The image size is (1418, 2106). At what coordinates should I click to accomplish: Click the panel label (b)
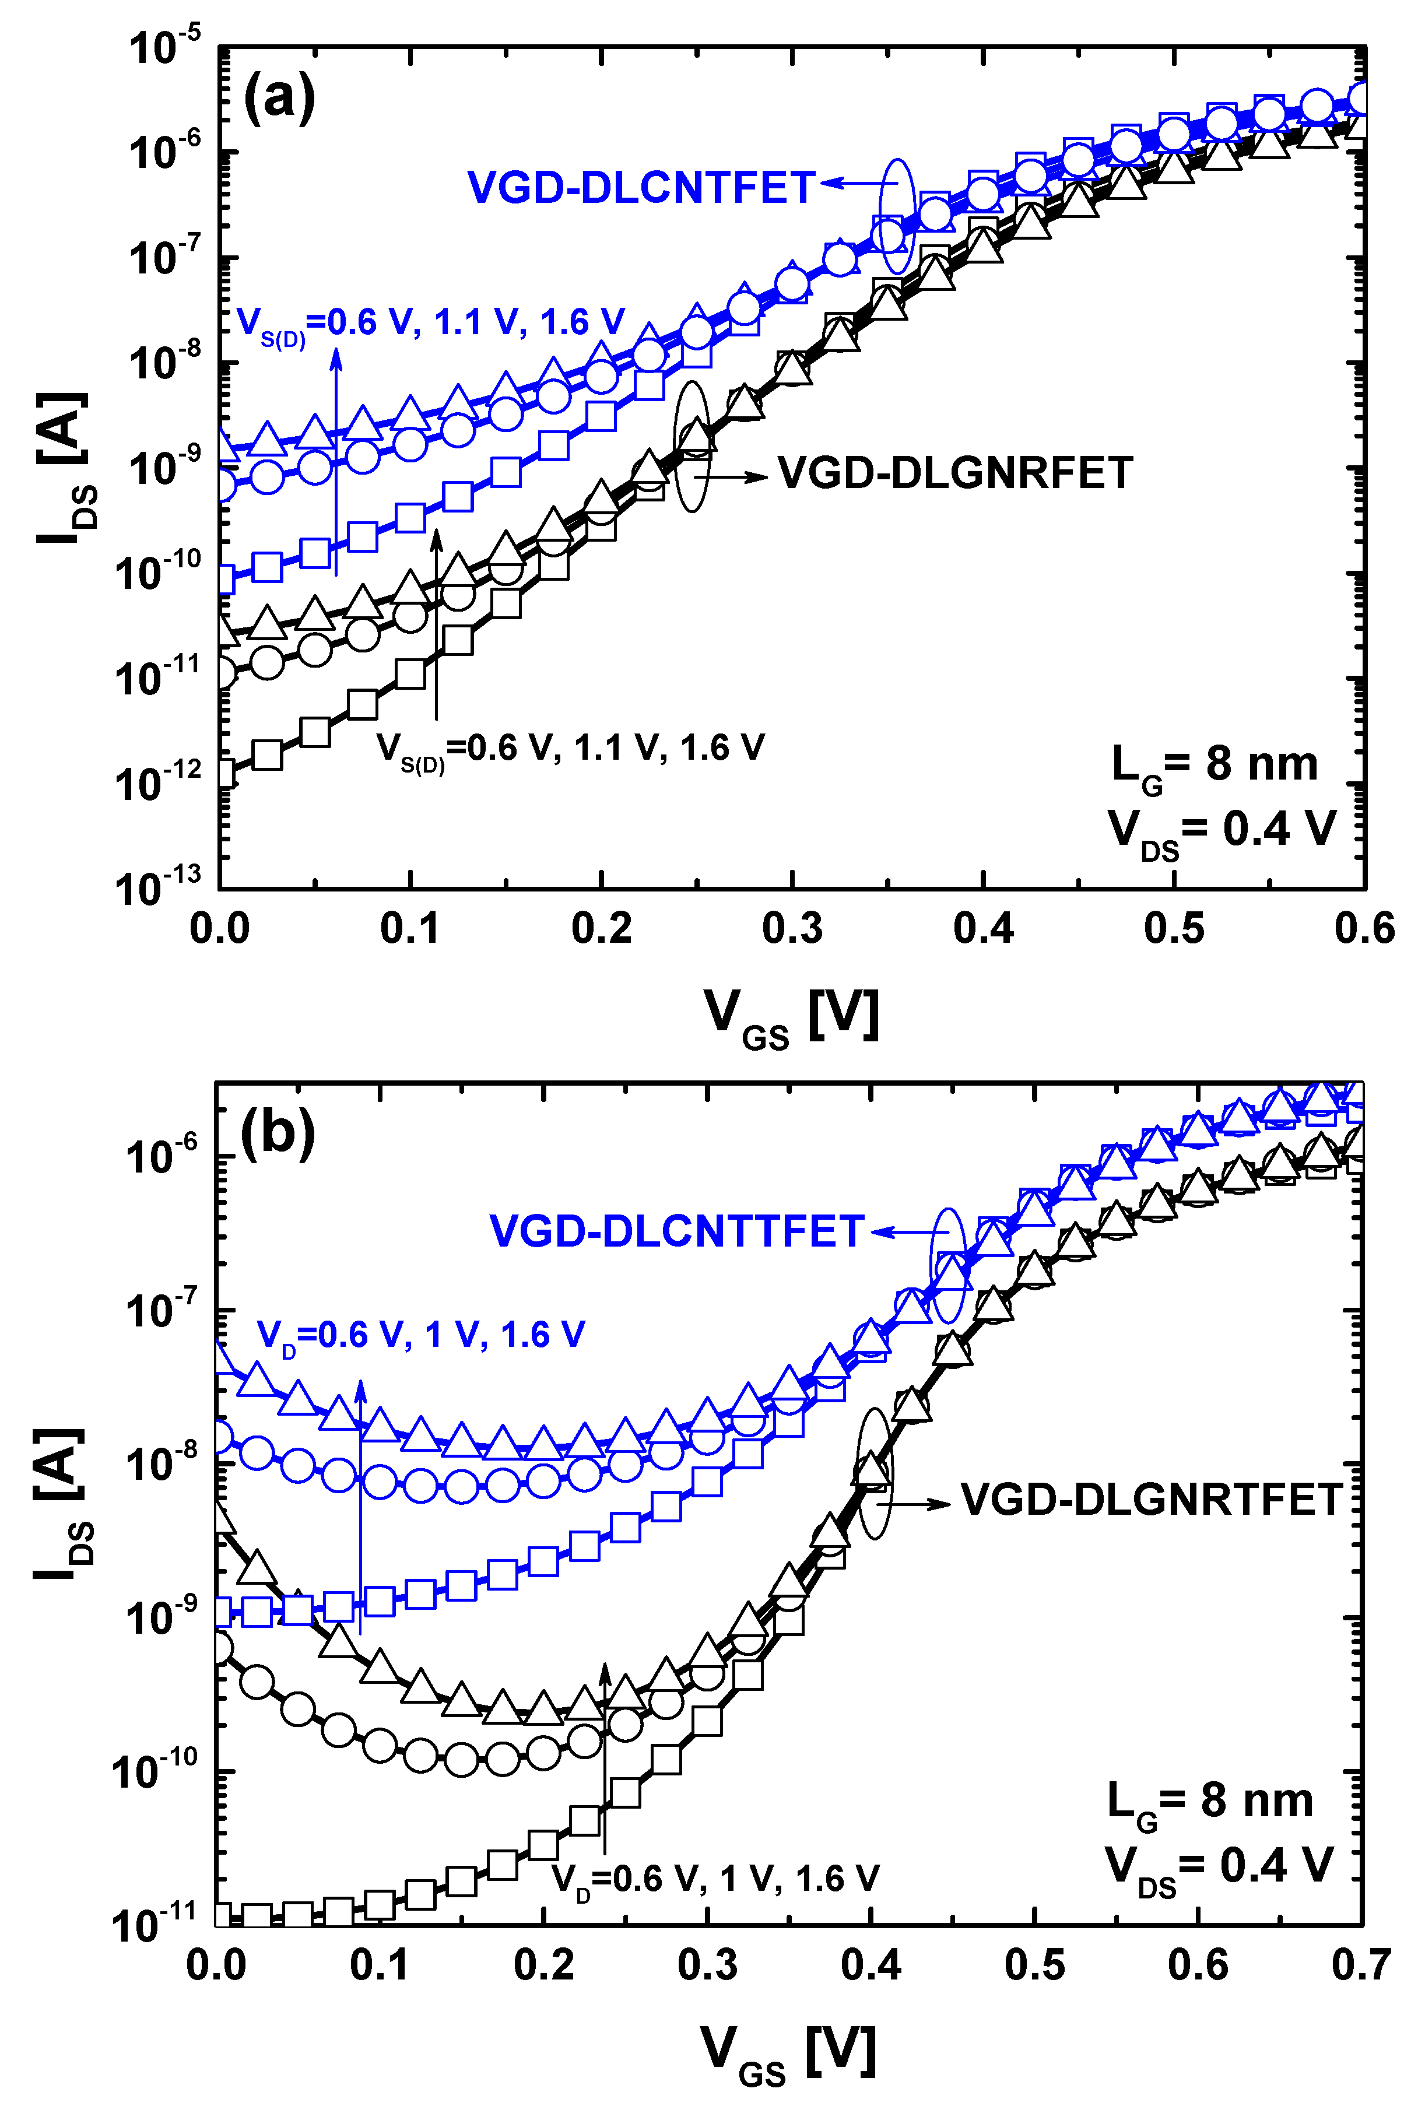point(278,1131)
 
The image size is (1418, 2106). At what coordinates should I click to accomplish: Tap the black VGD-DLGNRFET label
point(955,473)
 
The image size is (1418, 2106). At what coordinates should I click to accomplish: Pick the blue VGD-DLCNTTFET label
point(676,1231)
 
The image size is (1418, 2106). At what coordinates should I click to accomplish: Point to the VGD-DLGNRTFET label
point(1150,1499)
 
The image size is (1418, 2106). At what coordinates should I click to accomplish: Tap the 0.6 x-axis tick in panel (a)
point(1364,929)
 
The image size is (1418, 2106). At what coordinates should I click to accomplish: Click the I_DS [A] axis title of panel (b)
point(61,1505)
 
